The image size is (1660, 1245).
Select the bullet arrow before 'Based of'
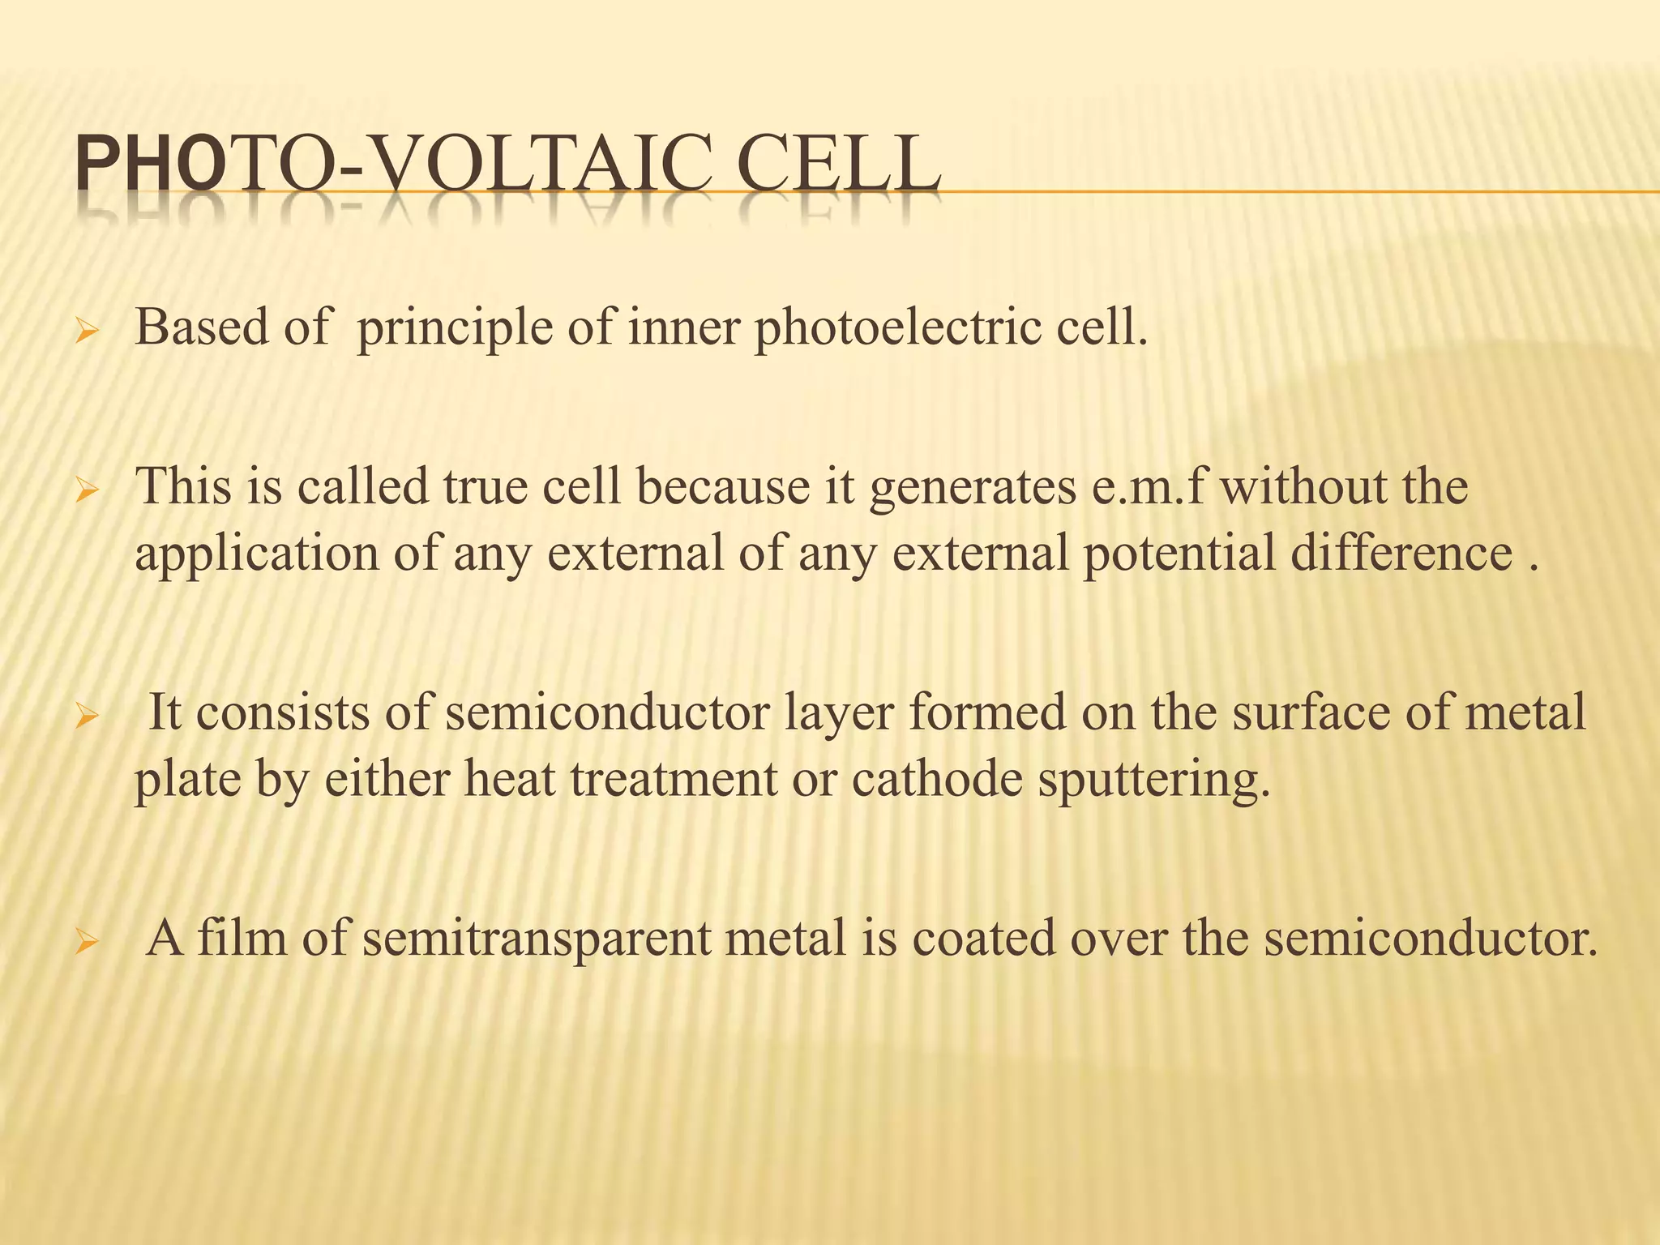pos(86,333)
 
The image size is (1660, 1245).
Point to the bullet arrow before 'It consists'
pos(86,717)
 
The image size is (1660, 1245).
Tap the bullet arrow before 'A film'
pos(86,943)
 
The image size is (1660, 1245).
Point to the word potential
pos(1179,554)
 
